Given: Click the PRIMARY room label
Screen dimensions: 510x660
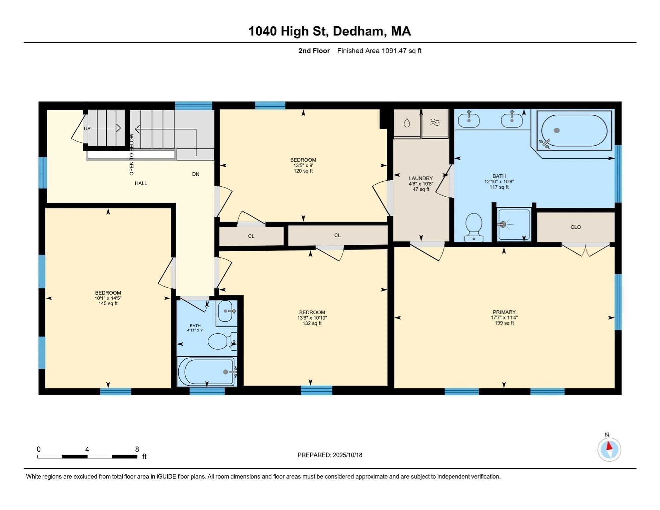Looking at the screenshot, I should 504,312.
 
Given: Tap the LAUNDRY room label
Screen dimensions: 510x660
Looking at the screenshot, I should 421,178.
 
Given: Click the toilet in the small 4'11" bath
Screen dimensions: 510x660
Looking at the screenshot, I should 220,341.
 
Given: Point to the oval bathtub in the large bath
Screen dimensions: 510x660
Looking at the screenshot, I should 574,130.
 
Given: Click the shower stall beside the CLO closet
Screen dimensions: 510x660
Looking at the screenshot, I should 514,224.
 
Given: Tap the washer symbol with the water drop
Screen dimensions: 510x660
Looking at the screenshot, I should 407,123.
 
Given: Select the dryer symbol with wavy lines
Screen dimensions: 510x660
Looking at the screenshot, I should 435,123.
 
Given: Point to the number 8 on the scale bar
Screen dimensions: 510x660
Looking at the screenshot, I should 137,449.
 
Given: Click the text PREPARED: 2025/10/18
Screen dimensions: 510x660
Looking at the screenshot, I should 330,455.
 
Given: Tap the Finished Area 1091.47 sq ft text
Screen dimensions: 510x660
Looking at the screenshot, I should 379,51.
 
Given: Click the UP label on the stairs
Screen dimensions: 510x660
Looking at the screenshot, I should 87,128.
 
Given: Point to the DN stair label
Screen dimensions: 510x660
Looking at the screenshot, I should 196,174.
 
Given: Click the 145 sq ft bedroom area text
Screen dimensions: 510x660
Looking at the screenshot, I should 108,303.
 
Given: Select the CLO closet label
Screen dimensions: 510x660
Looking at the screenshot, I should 575,227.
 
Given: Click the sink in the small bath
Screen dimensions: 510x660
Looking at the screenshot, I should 226,311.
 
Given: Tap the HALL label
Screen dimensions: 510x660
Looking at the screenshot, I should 141,183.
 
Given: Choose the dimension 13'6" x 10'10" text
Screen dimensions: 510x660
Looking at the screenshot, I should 312,318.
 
